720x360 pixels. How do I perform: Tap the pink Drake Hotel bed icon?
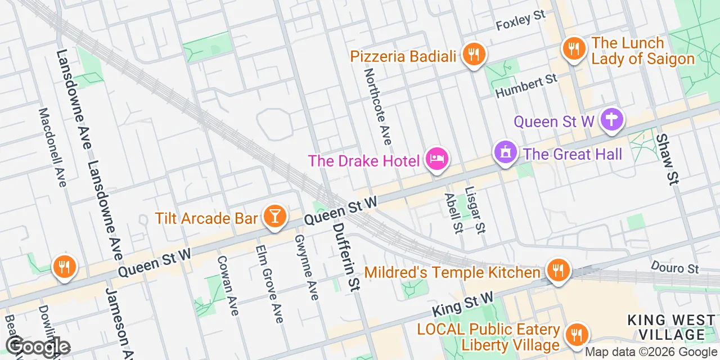[x=437, y=159]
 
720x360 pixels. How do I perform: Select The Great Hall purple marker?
[x=505, y=152]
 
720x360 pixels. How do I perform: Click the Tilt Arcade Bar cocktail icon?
[x=275, y=216]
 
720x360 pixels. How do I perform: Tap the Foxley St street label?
[x=521, y=23]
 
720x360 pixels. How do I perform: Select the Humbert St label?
[x=526, y=86]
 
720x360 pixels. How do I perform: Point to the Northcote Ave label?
[x=377, y=106]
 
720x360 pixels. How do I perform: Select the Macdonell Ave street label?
[x=52, y=147]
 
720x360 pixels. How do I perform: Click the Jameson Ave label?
[x=120, y=323]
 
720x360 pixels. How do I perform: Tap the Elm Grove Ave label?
[x=269, y=284]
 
